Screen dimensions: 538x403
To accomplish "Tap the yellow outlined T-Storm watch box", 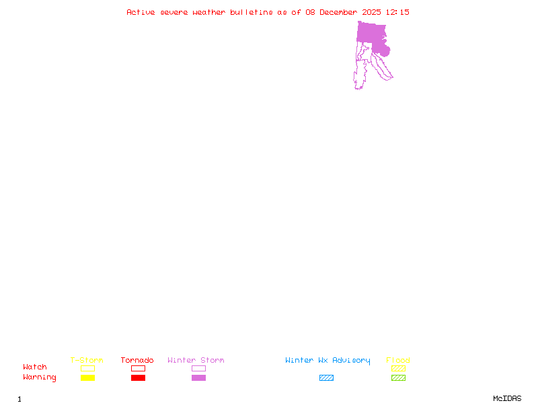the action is pyautogui.click(x=87, y=368).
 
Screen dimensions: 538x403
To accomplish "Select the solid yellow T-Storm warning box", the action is pyautogui.click(x=87, y=377).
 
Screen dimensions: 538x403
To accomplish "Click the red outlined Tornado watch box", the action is pyautogui.click(x=138, y=368).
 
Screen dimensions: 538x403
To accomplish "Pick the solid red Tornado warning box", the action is pyautogui.click(x=138, y=377).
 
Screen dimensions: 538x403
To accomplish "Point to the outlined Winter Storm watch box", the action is pyautogui.click(x=198, y=368).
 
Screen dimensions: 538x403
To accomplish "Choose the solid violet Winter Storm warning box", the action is pyautogui.click(x=198, y=377).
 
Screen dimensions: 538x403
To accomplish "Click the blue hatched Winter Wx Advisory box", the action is pyautogui.click(x=326, y=377).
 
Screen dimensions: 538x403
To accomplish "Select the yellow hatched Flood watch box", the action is pyautogui.click(x=398, y=368).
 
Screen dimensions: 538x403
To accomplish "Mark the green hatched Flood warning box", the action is pyautogui.click(x=398, y=377).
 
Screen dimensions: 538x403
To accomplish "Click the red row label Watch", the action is pyautogui.click(x=35, y=367).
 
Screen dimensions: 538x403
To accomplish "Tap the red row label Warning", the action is pyautogui.click(x=40, y=377).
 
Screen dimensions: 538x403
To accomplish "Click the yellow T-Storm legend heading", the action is pyautogui.click(x=87, y=360).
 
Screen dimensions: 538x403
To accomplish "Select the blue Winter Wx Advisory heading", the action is pyautogui.click(x=328, y=360).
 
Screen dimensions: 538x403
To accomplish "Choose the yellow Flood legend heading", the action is pyautogui.click(x=398, y=360).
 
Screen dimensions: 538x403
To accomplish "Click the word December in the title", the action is pyautogui.click(x=340, y=12).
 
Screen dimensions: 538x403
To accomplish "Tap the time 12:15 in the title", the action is pyautogui.click(x=397, y=12).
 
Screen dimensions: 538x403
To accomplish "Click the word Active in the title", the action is pyautogui.click(x=141, y=12).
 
